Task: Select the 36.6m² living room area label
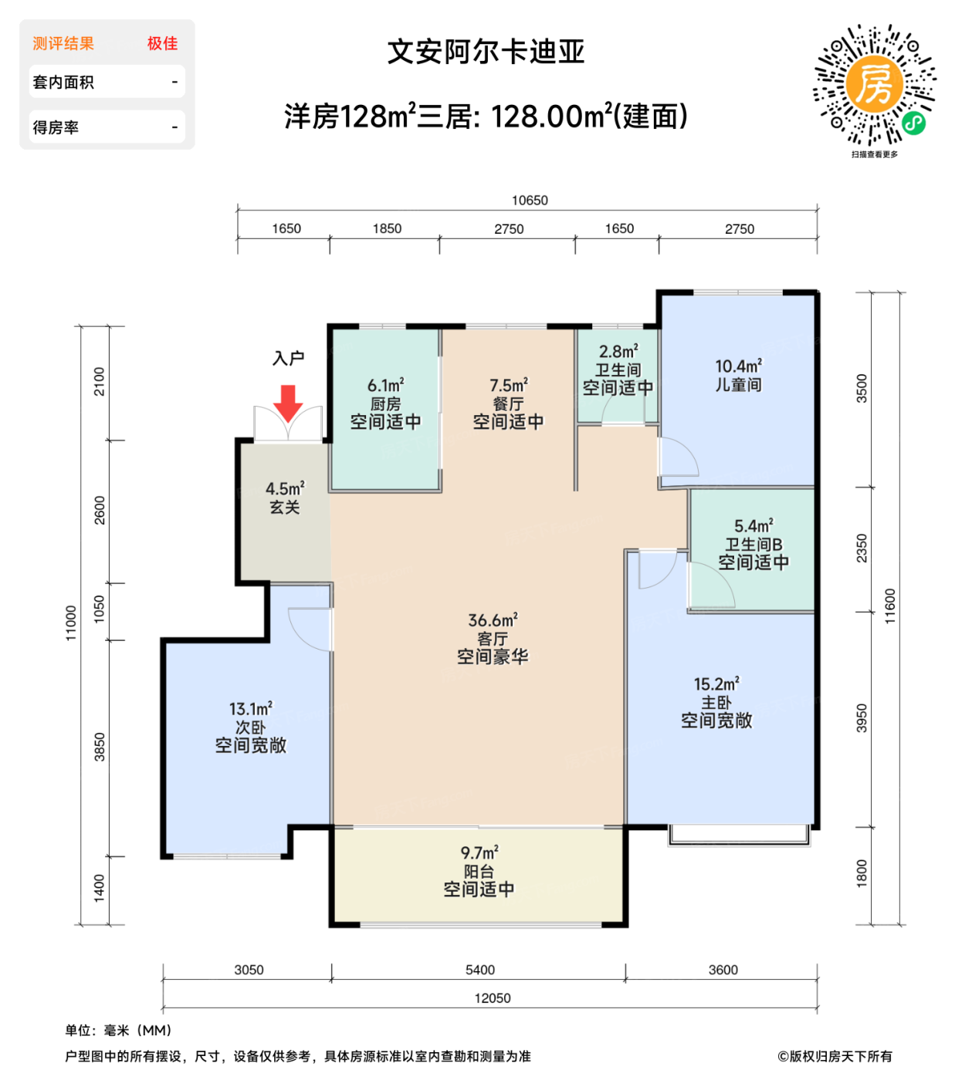493,639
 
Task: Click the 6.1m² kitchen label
385,403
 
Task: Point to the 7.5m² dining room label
508,403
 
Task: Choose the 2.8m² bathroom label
618,370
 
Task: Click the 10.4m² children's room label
738,375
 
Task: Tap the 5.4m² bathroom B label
754,544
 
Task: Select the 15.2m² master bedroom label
716,702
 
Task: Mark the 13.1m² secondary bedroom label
250,727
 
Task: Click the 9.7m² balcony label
479,871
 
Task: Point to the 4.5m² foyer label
285,498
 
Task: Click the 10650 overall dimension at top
530,201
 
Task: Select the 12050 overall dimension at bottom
493,998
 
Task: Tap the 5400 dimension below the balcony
480,970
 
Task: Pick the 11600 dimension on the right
890,606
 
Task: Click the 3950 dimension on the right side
862,718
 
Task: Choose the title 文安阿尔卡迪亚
486,52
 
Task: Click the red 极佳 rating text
162,44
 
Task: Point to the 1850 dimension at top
387,228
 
